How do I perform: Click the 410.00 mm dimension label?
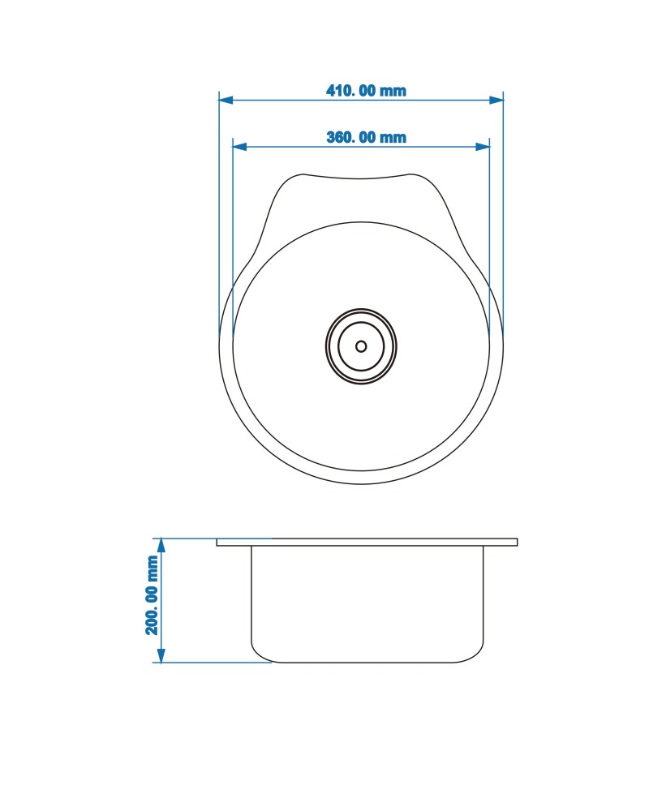(366, 91)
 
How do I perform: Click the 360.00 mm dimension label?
(366, 137)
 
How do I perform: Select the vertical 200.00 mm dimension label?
(153, 595)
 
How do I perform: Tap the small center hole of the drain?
(361, 346)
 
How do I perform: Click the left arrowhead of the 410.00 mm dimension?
(226, 99)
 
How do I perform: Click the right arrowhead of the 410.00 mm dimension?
(496, 99)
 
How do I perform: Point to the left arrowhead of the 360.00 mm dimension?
(239, 146)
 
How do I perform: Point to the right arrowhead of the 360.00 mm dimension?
(483, 146)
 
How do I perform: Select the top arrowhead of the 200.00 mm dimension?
(161, 545)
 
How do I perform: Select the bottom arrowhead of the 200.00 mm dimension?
(161, 655)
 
